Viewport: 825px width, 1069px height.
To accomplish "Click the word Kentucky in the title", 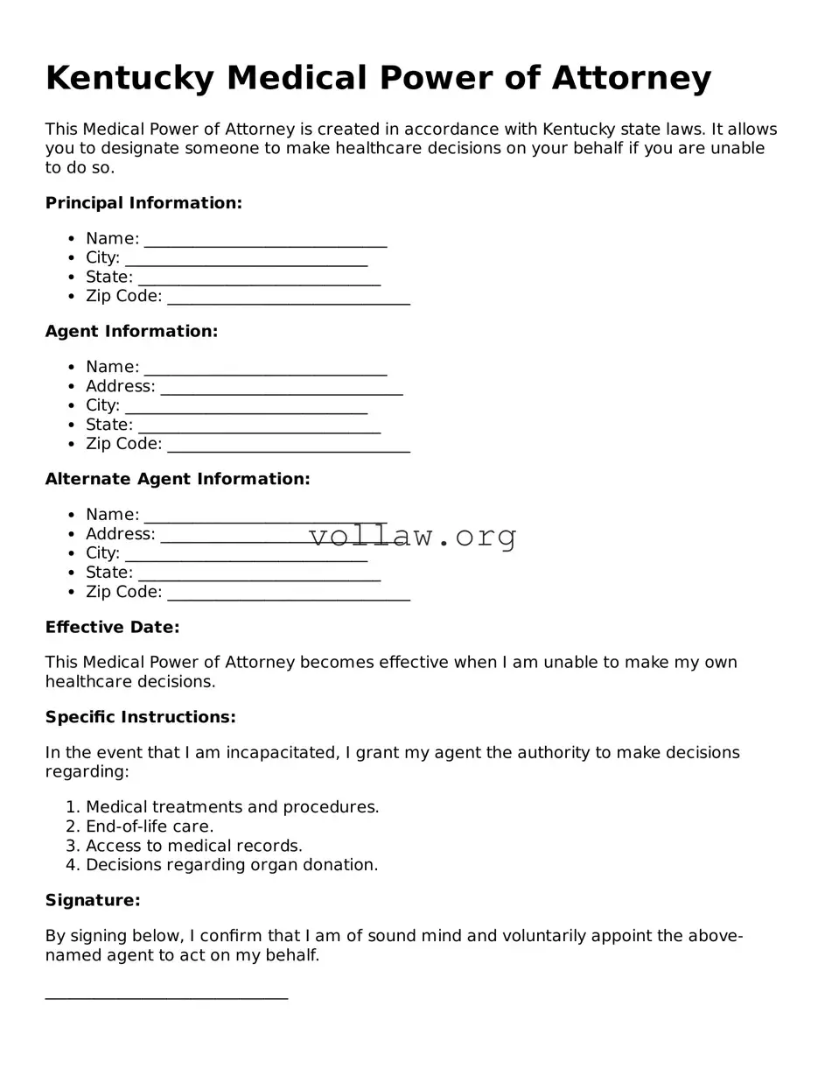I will tap(129, 79).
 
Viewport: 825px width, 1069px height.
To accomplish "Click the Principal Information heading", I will tap(143, 203).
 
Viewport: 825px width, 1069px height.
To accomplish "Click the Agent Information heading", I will tap(131, 332).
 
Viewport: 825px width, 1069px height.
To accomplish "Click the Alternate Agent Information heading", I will tap(178, 480).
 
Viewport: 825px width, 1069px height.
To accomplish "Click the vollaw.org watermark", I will tap(413, 536).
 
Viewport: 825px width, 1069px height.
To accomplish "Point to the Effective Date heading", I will tap(112, 628).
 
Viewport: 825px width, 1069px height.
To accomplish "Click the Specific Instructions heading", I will tap(140, 718).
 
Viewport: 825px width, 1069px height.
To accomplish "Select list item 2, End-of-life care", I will tap(149, 826).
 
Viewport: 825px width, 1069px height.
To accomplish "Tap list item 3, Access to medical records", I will tap(193, 846).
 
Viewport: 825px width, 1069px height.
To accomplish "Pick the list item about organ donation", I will tap(231, 865).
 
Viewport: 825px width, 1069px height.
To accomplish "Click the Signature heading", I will tap(93, 901).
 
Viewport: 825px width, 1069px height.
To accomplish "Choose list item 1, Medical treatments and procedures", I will tap(232, 807).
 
